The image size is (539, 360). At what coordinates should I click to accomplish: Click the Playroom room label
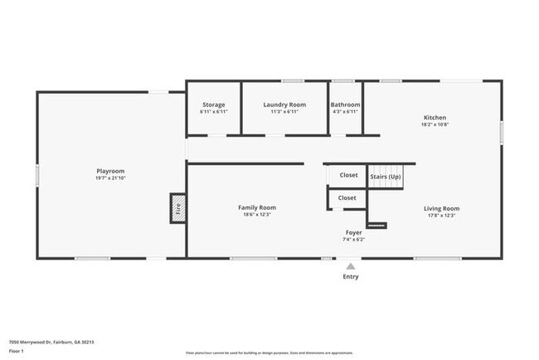110,171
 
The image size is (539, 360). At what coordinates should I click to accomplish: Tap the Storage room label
214,105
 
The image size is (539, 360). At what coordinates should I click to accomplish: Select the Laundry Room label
284,105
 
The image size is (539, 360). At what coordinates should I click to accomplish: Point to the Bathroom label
345,105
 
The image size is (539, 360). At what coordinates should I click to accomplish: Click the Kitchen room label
435,118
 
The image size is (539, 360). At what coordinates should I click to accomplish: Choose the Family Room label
257,207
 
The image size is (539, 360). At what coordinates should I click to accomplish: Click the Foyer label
354,232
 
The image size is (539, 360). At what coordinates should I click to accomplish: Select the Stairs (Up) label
385,177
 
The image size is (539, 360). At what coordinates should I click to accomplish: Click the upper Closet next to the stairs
348,175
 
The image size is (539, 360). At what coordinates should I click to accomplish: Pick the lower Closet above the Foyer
347,198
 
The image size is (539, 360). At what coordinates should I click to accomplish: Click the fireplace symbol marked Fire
177,208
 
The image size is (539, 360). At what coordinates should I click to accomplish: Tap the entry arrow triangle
351,266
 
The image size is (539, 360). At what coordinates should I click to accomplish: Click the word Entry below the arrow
351,276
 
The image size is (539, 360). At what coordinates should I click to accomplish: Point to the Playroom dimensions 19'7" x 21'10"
110,178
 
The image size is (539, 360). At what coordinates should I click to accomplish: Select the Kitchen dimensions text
435,125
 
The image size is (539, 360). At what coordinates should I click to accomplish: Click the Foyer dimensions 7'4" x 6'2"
354,239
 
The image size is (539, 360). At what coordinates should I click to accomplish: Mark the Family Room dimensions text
257,215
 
